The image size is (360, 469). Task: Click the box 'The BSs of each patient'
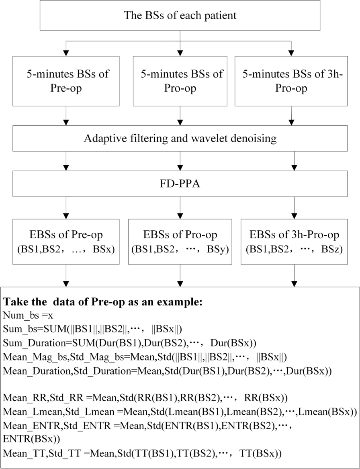click(180, 16)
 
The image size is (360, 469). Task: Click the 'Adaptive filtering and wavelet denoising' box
click(180, 139)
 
